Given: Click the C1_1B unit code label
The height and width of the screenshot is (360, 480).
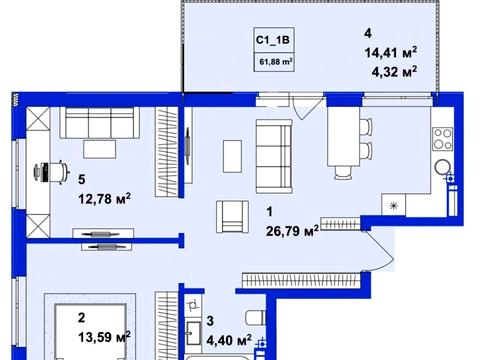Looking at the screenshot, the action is tap(273, 40).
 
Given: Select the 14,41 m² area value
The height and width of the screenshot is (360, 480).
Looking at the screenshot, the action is tap(391, 53).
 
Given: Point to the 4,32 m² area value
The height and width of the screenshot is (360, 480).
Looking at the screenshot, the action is tap(394, 72).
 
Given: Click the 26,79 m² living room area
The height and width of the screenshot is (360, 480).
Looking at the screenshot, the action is tap(292, 231).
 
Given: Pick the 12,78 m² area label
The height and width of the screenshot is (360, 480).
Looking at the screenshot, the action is tap(104, 199).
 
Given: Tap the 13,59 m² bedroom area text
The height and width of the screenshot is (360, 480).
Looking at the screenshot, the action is tap(104, 337).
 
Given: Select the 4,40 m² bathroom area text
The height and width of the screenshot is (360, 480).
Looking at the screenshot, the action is tap(229, 341).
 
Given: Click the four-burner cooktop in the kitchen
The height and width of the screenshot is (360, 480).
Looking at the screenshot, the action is tap(443, 139).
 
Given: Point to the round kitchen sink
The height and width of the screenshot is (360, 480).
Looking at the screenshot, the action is tap(443, 167).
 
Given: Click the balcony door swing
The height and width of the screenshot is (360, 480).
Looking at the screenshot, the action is tap(307, 107).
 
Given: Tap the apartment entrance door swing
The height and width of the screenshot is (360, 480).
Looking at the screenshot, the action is tap(380, 250).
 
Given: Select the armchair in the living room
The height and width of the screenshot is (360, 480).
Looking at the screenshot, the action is tap(232, 217).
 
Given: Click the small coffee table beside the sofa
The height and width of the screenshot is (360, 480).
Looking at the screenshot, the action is tap(232, 156).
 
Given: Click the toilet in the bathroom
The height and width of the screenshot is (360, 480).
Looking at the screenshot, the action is tap(255, 318).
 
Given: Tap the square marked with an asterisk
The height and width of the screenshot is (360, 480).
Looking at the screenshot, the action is tap(394, 205).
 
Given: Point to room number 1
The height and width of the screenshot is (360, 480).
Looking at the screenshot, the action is tap(270, 212).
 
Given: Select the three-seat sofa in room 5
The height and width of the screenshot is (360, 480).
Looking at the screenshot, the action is tap(99, 123).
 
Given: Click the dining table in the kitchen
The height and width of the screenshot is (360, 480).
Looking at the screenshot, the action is tap(344, 136).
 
